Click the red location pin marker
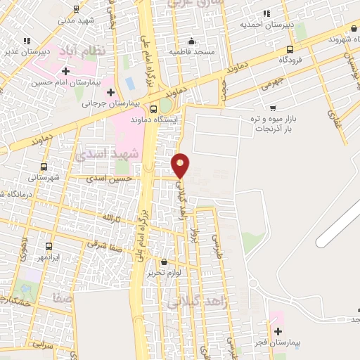pyautogui.click(x=181, y=165)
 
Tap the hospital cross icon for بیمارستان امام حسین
pyautogui.click(x=65, y=71)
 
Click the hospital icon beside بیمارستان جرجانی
pyautogui.click(x=110, y=92)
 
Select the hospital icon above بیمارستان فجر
pyautogui.click(x=278, y=331)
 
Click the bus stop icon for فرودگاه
pyautogui.click(x=290, y=49)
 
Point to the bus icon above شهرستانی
pyautogui.click(x=44, y=167)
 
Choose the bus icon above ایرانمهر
pyautogui.click(x=49, y=247)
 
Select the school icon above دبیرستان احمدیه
pyautogui.click(x=266, y=13)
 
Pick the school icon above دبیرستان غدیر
pyautogui.click(x=26, y=41)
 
